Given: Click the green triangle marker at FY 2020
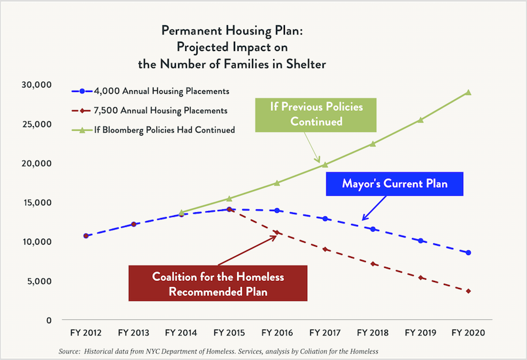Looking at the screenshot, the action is (468, 92).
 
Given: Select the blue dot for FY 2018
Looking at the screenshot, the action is (373, 229).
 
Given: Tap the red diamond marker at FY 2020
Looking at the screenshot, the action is (468, 291).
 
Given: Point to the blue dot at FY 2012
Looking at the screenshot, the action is (86, 236).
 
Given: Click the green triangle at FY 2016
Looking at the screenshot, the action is (277, 183).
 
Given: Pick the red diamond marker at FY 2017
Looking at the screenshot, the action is (325, 249).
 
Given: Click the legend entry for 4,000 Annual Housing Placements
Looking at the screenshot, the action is (151, 91).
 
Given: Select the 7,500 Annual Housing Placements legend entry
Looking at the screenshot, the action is (149, 111).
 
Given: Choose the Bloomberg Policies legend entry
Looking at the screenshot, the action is (153, 130).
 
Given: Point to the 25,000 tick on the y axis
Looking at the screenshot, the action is (37, 124).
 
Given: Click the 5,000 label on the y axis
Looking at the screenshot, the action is (40, 281).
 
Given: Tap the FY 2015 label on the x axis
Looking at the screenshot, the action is (229, 333).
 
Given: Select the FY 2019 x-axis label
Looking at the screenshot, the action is (420, 333).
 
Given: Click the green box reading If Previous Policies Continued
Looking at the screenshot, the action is (316, 115).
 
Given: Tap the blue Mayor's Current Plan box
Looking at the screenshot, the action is (395, 184).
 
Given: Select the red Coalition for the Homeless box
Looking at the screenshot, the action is (218, 283).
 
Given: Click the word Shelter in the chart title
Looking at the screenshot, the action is (306, 64).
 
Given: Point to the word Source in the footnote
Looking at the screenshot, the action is (69, 352).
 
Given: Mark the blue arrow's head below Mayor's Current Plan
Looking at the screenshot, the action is (363, 220).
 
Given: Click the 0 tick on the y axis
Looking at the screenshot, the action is (49, 320).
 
